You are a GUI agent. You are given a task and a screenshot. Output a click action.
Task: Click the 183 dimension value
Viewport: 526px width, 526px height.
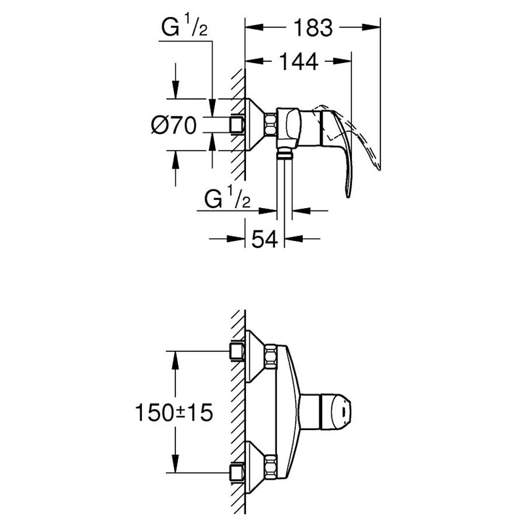313,28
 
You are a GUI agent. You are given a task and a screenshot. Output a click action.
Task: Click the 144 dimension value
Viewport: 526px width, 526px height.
299,62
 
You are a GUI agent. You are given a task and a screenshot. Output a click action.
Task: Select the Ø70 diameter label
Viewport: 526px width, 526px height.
174,126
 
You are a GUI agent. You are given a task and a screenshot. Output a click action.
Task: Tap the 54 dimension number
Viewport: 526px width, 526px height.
265,239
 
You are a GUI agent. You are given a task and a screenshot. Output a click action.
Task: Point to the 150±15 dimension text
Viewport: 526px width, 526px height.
174,412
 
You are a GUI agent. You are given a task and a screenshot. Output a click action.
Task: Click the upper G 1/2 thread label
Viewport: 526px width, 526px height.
185,27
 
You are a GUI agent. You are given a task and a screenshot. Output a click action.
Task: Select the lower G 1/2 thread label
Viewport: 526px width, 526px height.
227,199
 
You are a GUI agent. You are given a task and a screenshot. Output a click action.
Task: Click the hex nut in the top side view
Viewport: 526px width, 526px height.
271,125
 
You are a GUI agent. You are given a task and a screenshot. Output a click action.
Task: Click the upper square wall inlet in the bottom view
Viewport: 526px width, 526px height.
237,351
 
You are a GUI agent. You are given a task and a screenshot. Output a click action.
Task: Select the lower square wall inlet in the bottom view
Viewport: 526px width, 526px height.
237,473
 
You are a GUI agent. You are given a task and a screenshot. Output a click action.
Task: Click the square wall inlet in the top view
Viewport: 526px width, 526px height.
237,125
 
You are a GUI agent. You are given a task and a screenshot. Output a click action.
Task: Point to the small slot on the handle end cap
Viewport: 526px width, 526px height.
343,411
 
